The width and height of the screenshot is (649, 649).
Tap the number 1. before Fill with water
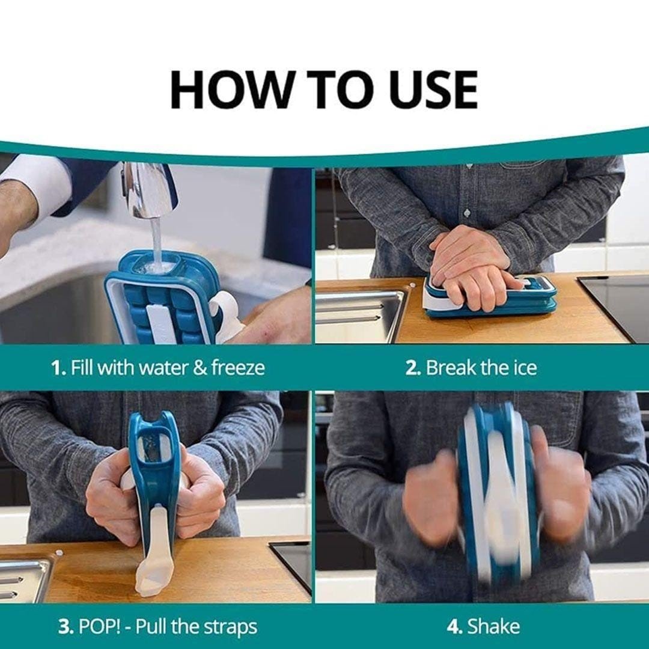click(58, 368)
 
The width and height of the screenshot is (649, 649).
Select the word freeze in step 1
click(237, 367)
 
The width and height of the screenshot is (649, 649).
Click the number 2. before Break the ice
click(413, 368)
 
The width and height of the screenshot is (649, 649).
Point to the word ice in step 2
click(524, 367)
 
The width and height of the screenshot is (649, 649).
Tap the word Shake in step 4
click(493, 626)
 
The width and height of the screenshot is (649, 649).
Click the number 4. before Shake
click(454, 627)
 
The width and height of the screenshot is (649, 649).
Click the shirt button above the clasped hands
click(468, 213)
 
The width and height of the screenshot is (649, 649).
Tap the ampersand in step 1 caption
click(200, 368)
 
